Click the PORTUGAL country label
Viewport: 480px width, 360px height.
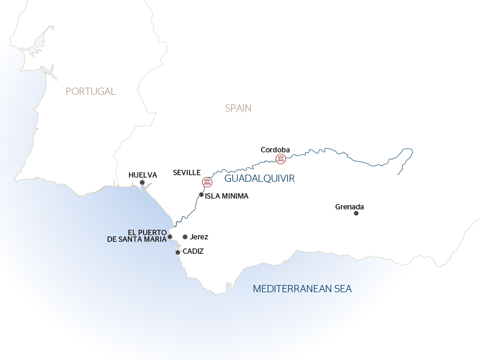point(91,91)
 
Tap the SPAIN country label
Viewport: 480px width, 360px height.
point(238,108)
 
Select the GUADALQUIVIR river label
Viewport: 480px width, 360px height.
point(260,178)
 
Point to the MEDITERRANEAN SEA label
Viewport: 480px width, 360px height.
point(302,289)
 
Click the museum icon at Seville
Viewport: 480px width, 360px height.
point(207,182)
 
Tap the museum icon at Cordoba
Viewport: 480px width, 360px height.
point(280,158)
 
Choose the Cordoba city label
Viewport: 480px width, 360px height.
point(275,149)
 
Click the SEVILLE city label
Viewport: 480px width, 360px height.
point(187,172)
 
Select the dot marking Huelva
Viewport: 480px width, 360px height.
point(142,182)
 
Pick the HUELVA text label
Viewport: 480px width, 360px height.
point(143,175)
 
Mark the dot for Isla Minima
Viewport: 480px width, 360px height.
point(202,194)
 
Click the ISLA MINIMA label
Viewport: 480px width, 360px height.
point(227,196)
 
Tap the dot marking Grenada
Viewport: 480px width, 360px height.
point(356,213)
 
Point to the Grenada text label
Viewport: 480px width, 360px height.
point(350,207)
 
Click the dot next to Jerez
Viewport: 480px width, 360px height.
point(185,237)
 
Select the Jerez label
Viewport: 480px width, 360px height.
point(199,237)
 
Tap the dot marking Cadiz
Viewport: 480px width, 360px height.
point(178,252)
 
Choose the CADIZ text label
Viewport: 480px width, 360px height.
point(193,251)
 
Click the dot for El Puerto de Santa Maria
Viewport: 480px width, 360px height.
point(170,236)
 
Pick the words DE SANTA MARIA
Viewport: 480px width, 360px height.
point(137,240)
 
